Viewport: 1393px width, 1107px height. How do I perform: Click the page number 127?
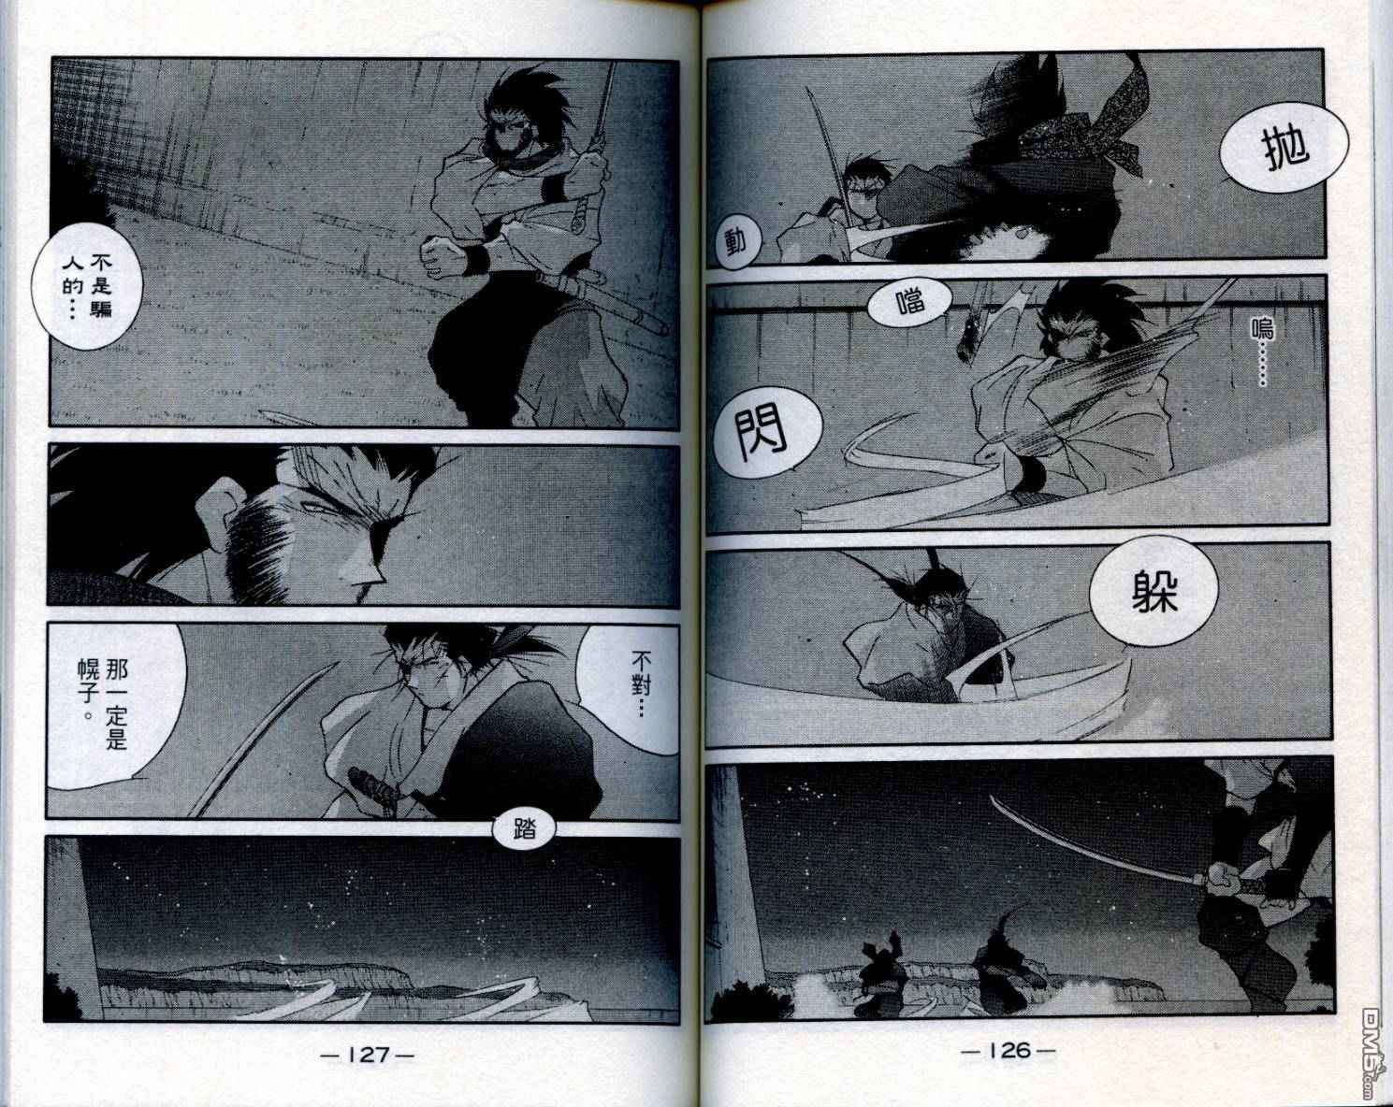click(x=367, y=1056)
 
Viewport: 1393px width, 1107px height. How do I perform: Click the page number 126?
click(x=1008, y=1051)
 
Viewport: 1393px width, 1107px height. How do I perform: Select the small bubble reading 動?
click(x=734, y=242)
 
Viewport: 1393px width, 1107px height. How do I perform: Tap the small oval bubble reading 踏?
click(x=524, y=830)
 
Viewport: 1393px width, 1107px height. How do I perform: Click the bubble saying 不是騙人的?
click(x=87, y=287)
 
